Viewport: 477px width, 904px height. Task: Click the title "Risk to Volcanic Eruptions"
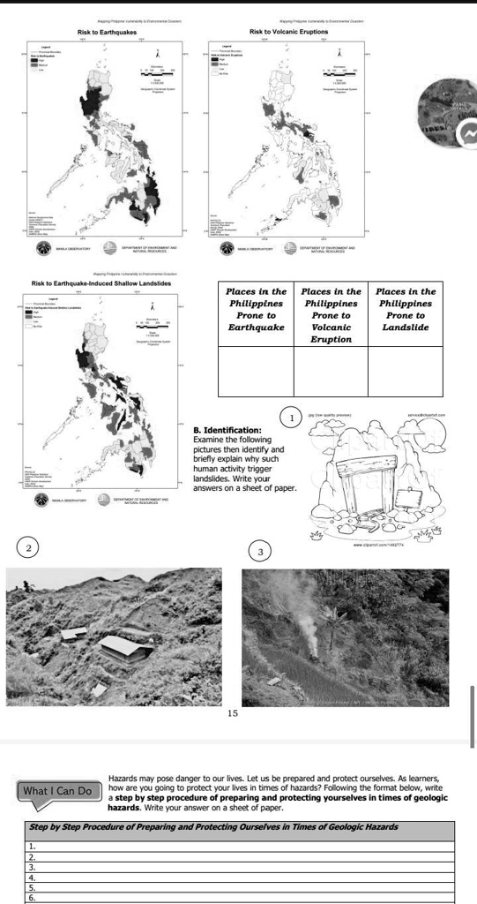point(290,32)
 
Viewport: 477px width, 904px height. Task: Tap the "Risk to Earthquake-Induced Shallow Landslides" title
point(101,282)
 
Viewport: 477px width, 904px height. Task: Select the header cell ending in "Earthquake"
point(256,309)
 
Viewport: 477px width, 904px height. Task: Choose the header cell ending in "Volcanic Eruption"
point(331,315)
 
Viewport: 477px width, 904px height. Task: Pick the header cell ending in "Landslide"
point(406,309)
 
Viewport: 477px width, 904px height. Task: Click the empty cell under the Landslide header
point(406,372)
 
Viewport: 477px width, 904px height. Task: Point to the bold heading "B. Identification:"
point(227,429)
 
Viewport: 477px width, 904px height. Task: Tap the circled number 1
point(291,417)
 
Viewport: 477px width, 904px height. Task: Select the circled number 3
point(260,551)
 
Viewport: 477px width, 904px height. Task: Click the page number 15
point(232,712)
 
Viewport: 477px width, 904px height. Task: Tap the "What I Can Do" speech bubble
point(57,790)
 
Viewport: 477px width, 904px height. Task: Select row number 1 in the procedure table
point(240,846)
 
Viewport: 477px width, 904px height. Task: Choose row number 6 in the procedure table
point(240,897)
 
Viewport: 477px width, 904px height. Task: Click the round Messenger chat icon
point(466,133)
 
